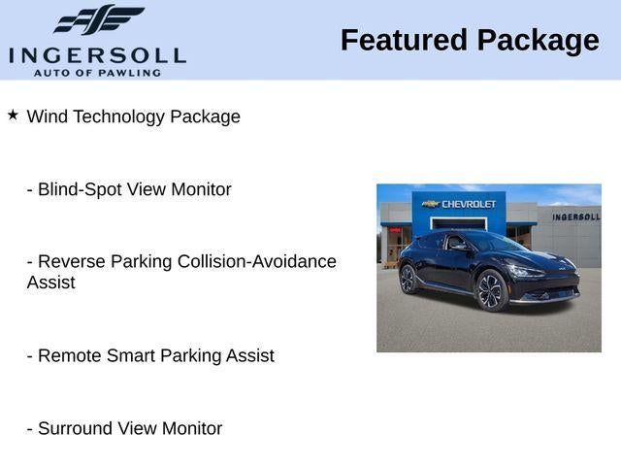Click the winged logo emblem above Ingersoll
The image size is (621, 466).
(99, 19)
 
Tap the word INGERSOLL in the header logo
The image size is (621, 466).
(97, 56)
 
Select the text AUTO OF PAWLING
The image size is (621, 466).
(97, 73)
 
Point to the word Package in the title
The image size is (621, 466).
(539, 42)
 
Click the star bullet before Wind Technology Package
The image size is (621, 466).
(13, 116)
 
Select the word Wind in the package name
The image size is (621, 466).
(48, 116)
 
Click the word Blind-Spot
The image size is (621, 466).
(80, 190)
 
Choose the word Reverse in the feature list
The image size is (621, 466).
(72, 261)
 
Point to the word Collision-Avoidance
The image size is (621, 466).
(257, 261)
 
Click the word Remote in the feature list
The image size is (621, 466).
(70, 355)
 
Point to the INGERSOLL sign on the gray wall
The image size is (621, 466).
(576, 216)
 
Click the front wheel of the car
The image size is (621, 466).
(492, 290)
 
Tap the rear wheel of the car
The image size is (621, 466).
(409, 279)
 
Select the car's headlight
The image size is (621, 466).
(526, 271)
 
